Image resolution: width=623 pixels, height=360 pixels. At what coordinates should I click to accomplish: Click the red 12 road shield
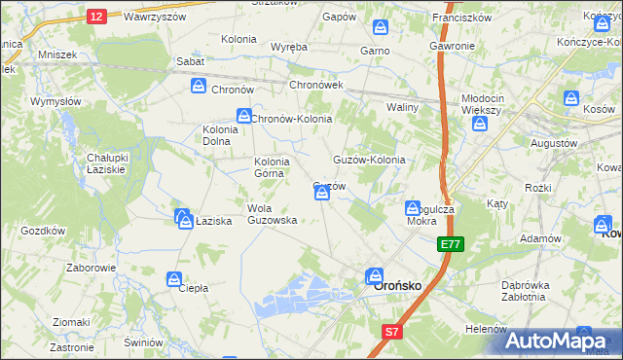click(x=96, y=17)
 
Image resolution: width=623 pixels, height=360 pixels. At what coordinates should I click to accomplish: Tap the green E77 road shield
click(x=450, y=244)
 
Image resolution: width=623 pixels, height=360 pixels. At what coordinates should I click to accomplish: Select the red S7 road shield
click(x=390, y=333)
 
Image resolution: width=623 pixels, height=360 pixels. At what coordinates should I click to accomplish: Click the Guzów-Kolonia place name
click(x=369, y=160)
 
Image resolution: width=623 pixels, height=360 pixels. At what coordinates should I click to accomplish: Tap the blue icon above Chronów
click(x=199, y=87)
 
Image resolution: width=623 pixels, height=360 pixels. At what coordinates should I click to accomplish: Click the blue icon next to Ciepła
click(x=174, y=280)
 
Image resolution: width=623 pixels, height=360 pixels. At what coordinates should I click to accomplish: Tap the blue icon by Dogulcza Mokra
click(x=413, y=208)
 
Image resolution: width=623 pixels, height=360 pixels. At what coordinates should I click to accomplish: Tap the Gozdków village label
click(x=42, y=231)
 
